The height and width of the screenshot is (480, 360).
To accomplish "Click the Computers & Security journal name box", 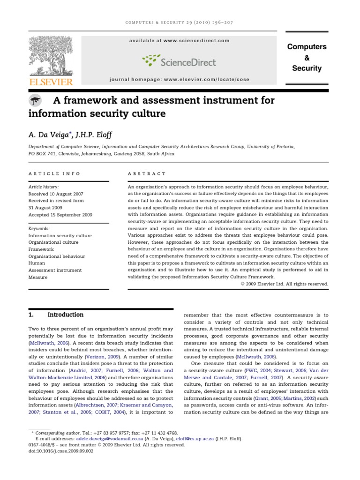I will click(x=307, y=58).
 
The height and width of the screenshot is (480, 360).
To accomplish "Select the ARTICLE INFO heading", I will click(x=54, y=173).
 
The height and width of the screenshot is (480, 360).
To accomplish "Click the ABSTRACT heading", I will click(x=147, y=173).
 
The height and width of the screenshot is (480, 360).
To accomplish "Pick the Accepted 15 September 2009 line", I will click(x=60, y=215).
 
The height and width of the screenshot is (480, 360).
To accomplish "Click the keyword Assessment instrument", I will click(x=55, y=270).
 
